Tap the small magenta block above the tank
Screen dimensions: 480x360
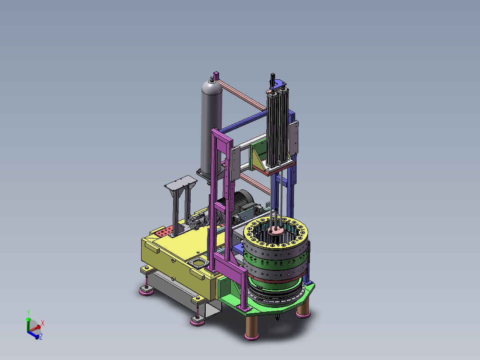(x=216, y=75)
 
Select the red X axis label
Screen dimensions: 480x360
(x=43, y=323)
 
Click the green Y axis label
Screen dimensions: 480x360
(x=28, y=312)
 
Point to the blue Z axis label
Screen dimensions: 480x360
(x=41, y=336)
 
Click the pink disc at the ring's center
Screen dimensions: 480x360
(x=276, y=230)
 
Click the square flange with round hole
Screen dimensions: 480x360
(x=199, y=263)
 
